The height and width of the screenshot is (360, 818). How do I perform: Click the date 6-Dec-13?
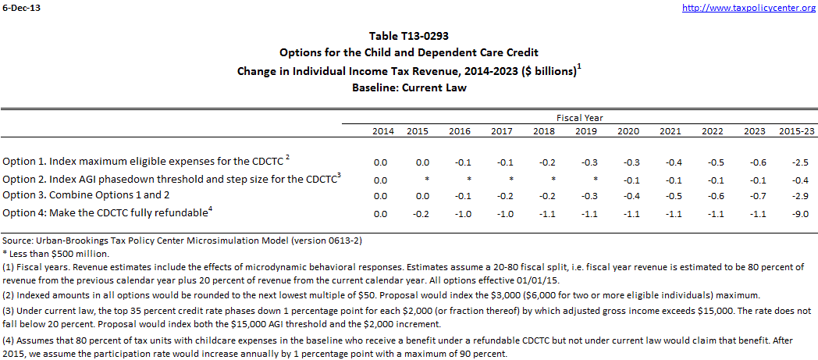19,8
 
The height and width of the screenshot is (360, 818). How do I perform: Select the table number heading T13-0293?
409,36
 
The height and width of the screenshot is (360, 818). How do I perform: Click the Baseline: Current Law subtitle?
409,87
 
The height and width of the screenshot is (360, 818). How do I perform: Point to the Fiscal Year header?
579,118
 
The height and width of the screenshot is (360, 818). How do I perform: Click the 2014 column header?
380,131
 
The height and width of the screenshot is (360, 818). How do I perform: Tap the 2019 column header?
585,131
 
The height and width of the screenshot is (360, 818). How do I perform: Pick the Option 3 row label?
86,194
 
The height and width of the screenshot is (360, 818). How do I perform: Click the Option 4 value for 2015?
418,213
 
